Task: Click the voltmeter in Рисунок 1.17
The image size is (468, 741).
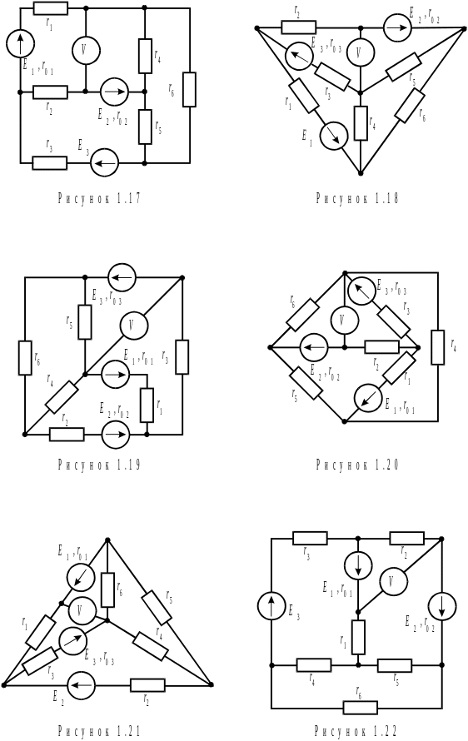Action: [85, 50]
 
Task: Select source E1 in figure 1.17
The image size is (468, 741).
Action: [20, 42]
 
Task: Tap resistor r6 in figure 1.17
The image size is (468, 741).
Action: [189, 90]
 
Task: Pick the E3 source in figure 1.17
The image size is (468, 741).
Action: [104, 163]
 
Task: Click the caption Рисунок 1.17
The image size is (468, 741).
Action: [99, 198]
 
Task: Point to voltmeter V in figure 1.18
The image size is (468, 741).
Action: [361, 52]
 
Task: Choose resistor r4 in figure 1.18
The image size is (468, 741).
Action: [361, 123]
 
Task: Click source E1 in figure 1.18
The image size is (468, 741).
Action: [333, 136]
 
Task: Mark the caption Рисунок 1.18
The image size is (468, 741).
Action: [357, 198]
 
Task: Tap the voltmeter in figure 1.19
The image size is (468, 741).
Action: [134, 326]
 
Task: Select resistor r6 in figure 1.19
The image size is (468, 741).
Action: [25, 358]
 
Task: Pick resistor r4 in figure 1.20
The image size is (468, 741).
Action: [438, 348]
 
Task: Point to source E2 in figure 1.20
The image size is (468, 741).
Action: [313, 347]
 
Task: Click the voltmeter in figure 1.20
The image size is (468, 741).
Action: [344, 320]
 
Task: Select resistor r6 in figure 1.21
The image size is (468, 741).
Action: [107, 589]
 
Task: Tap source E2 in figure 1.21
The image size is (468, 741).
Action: [82, 684]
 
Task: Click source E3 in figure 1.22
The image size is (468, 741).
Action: [271, 607]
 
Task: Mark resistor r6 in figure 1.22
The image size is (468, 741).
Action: [361, 708]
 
